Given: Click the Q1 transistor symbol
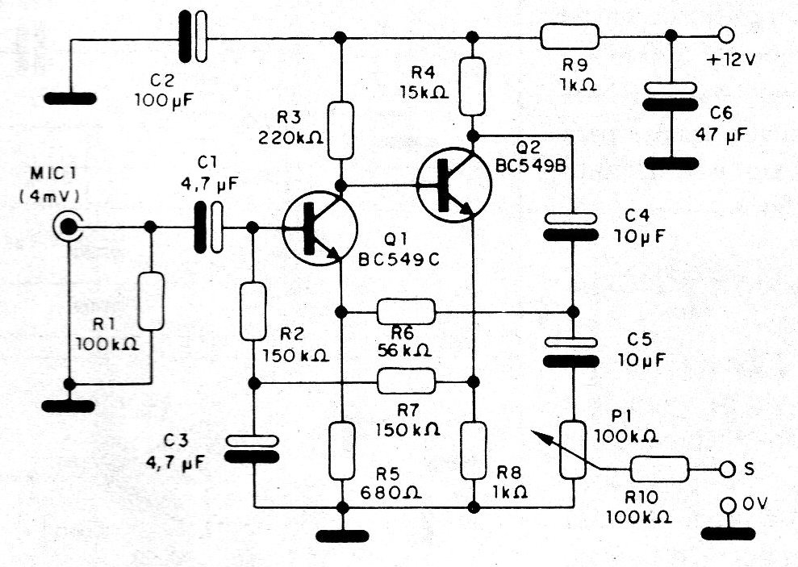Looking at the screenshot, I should click(x=320, y=227).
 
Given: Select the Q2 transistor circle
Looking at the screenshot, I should click(x=454, y=185).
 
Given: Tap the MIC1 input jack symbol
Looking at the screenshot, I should click(x=66, y=227).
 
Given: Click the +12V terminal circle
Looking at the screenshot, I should click(x=725, y=35).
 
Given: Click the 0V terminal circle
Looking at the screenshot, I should click(x=727, y=506).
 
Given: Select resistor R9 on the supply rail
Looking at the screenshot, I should click(x=570, y=36).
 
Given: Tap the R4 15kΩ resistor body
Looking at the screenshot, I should click(x=473, y=85).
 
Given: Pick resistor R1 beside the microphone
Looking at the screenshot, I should click(x=151, y=300).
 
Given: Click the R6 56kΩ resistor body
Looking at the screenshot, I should click(x=407, y=311).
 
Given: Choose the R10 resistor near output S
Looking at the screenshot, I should click(x=659, y=469).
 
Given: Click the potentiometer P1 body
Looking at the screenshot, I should click(x=573, y=450).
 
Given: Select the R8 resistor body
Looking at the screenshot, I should click(x=473, y=449).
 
